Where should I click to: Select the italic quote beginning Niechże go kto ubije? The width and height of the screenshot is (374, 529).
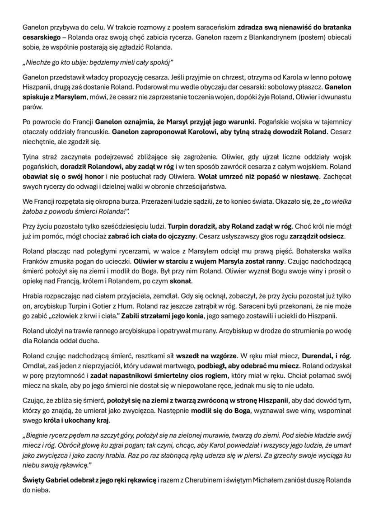(98, 61)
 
